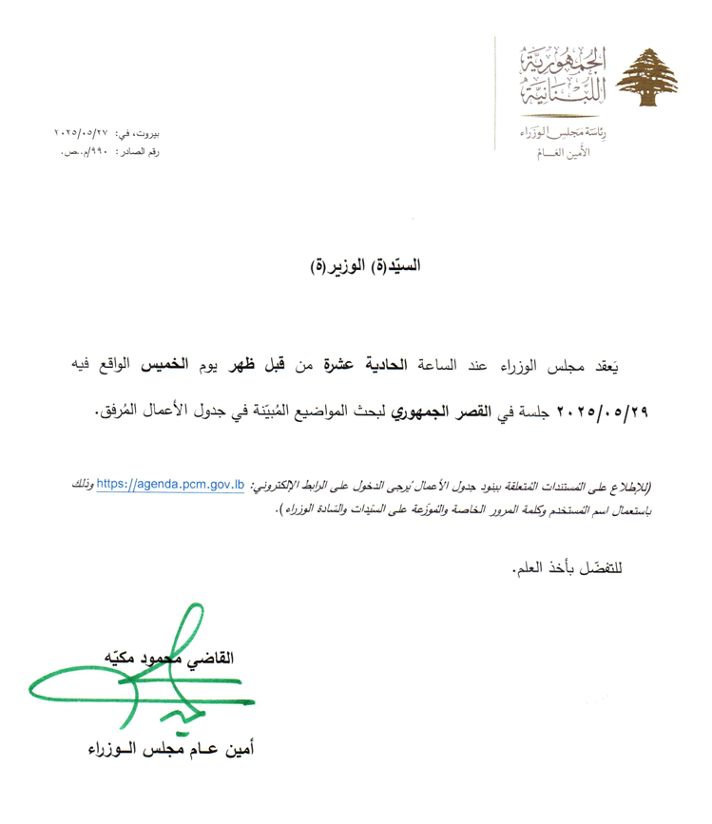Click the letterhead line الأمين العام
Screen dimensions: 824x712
569,152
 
